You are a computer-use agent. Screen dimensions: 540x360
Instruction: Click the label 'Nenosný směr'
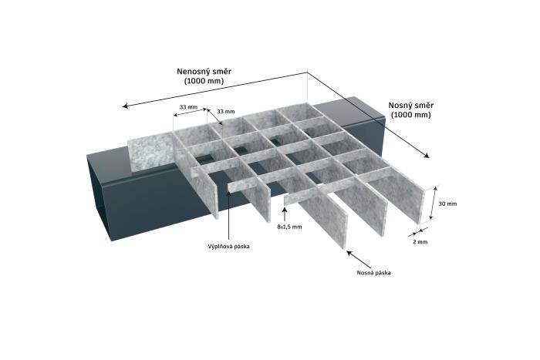coord(204,72)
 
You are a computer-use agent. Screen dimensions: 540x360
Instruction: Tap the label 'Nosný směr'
coord(411,106)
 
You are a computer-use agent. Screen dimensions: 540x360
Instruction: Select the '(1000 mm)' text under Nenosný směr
coord(204,81)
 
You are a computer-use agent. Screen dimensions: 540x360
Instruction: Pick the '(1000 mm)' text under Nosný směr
coord(411,115)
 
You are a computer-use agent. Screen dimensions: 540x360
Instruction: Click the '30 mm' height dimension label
coord(447,204)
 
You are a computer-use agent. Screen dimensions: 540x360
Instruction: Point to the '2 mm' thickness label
coord(420,242)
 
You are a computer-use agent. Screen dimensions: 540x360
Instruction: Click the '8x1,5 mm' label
coord(289,227)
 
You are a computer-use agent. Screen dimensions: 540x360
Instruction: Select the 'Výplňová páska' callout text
coord(228,247)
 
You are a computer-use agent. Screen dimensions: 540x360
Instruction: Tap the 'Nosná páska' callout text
coord(373,273)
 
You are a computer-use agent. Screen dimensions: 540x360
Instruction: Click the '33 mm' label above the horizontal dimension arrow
coord(188,107)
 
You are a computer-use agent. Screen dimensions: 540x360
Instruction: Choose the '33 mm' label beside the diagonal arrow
coord(225,112)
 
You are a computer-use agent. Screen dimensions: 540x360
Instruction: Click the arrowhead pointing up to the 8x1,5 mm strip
coord(285,210)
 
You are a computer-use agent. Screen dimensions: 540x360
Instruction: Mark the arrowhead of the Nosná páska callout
coord(349,253)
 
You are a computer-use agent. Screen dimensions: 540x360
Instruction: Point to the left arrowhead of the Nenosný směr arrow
coord(125,106)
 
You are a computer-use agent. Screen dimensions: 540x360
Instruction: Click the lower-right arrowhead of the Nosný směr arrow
coord(427,155)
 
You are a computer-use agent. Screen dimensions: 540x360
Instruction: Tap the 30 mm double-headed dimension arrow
coord(433,203)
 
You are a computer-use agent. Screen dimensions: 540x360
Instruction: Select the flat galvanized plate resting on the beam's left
coord(151,153)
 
